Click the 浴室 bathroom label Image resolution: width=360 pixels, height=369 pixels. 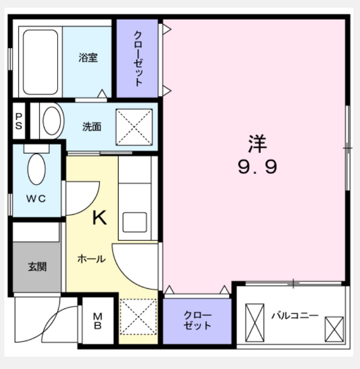[x=88, y=58]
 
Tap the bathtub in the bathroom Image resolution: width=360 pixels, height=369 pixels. [x=40, y=62]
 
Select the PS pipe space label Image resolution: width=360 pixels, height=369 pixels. [x=19, y=122]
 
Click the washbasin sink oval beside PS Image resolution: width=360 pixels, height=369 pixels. [x=52, y=121]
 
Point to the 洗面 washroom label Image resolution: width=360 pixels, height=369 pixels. [x=92, y=127]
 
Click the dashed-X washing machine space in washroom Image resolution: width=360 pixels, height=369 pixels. [x=134, y=127]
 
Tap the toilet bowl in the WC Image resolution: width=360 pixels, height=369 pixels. [x=36, y=169]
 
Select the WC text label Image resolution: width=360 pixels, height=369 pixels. [x=36, y=199]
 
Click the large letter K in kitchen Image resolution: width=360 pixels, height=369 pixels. [x=99, y=218]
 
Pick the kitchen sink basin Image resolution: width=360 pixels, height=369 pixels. [x=135, y=222]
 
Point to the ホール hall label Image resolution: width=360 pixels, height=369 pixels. [x=92, y=259]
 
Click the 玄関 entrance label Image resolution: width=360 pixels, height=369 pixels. [x=37, y=267]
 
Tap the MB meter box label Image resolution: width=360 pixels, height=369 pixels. [x=97, y=320]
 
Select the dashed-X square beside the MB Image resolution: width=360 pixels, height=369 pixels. [x=138, y=317]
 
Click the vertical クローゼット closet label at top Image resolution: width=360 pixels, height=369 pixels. [x=138, y=59]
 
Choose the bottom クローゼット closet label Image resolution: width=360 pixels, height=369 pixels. [x=197, y=320]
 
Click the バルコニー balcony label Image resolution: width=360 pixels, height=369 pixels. [x=295, y=315]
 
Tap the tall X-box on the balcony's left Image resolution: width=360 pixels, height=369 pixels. [x=255, y=323]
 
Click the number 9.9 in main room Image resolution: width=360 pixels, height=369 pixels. [x=257, y=167]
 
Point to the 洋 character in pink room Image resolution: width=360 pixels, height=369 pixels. [x=257, y=144]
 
